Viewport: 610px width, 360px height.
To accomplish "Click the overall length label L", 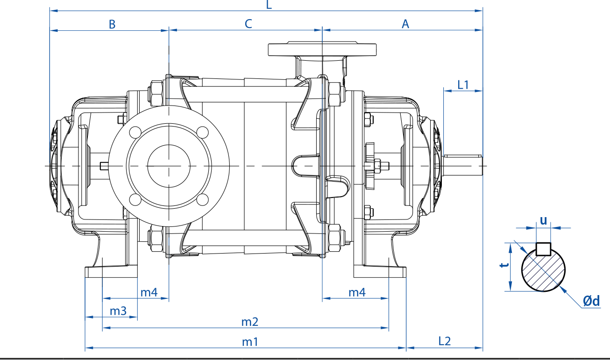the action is coord(269,5).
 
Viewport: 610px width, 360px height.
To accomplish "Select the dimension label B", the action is coord(112,24).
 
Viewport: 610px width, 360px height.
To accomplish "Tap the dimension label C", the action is coord(248,24).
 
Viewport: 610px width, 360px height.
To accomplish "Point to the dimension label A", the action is coord(405,24).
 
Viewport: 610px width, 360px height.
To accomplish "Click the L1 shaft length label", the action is coord(463,85).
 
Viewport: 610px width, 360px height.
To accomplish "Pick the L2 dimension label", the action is coord(445,341).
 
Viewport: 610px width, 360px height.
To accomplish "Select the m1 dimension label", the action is coord(250,342).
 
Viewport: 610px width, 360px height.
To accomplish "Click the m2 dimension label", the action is coord(250,322).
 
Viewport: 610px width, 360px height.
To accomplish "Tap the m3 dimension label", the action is coord(118,311).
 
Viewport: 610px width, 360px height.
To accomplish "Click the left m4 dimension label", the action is coord(149,292).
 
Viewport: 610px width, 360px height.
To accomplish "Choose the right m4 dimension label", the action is coord(357,292).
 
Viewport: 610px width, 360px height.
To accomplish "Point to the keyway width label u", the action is coord(543,220).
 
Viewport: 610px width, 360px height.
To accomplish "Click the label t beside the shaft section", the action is coord(504,265).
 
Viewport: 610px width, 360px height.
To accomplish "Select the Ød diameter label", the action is coord(591,301).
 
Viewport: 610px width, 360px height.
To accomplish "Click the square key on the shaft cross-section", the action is coord(543,249).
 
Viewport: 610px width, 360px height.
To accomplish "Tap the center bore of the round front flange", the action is coord(169,166).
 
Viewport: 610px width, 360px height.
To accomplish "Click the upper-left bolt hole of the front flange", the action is coord(135,132).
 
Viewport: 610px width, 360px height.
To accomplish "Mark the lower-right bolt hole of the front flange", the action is coord(202,199).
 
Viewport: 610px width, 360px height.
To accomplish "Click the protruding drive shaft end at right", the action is coord(463,165).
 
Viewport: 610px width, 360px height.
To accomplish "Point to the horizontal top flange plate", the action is coord(322,49).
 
